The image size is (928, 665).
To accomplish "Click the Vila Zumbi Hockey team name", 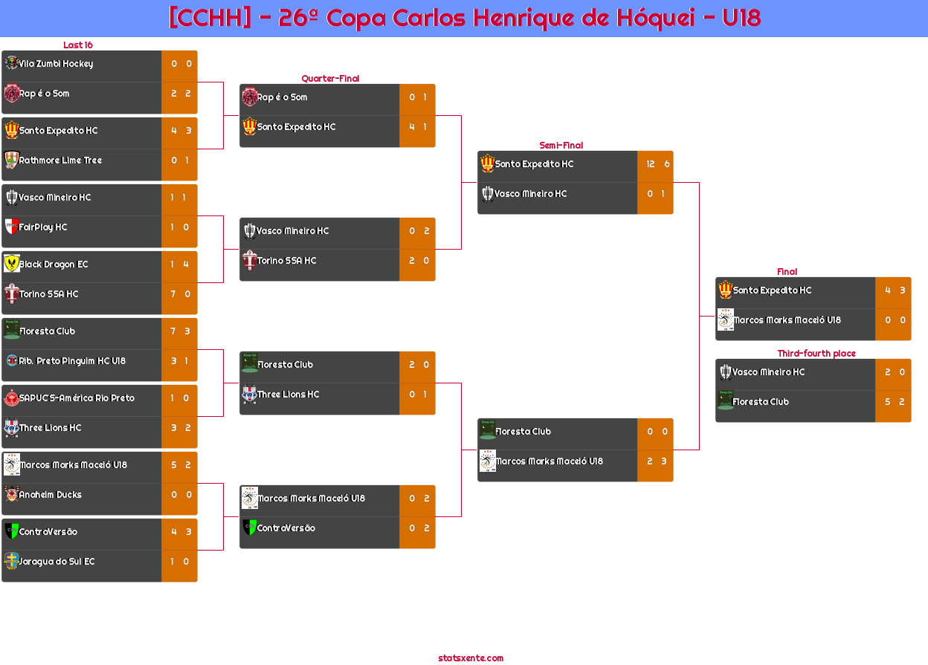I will [56, 64].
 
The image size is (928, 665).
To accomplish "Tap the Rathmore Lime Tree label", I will [60, 160].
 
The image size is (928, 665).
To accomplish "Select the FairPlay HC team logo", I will [11, 227].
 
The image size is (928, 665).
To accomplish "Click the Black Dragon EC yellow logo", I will [11, 264].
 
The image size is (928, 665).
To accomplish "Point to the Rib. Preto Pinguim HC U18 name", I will [72, 361].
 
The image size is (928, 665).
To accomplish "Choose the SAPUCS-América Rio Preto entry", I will [77, 398].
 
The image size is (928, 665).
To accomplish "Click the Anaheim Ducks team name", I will [50, 495].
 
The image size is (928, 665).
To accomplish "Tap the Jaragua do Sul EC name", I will [57, 562].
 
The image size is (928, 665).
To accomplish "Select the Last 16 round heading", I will [77, 45].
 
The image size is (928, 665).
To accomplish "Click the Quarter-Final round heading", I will [329, 79].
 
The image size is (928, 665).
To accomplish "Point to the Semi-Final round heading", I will [560, 146].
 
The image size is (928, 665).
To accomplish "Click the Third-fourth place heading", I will [816, 354].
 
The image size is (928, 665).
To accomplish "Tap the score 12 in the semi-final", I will [651, 164].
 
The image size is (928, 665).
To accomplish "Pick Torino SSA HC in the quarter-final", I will [286, 261].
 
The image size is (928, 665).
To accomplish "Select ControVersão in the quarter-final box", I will [286, 528].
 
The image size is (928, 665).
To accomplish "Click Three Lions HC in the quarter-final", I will [288, 395].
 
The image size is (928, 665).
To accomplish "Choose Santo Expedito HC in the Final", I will [772, 291].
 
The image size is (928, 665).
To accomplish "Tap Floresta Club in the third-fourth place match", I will [761, 402].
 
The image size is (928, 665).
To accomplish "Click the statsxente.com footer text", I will [471, 658].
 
